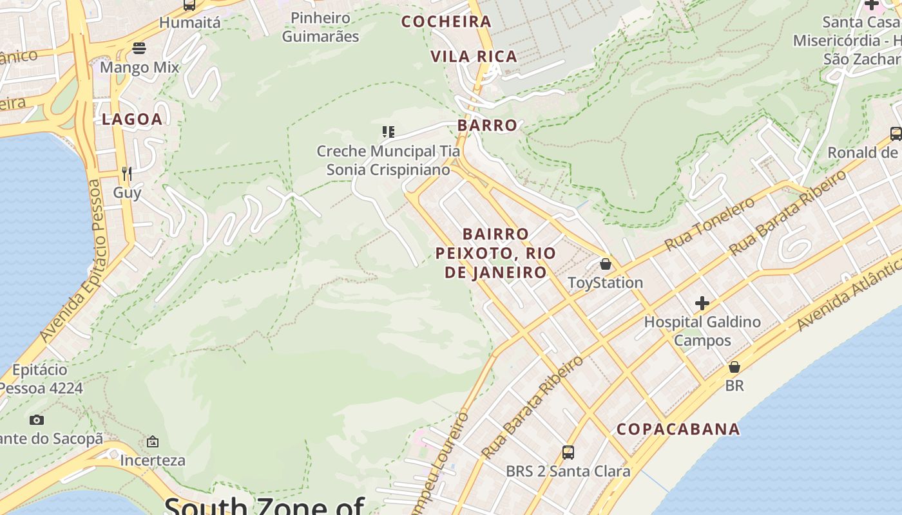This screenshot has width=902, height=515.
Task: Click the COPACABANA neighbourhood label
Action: (678, 429)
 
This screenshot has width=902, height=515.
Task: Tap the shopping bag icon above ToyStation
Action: (605, 264)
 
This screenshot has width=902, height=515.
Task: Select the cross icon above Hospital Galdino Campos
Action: (702, 303)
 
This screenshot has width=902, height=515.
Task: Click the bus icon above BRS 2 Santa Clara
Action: (568, 452)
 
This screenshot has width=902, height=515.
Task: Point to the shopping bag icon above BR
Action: (734, 367)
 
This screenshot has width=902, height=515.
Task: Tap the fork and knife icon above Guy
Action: (127, 173)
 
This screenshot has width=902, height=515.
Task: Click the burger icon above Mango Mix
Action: (139, 48)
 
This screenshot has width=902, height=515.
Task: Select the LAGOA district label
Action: (132, 119)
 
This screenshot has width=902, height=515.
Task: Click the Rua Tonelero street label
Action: (709, 224)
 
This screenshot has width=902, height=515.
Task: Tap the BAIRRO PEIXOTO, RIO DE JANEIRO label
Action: (495, 253)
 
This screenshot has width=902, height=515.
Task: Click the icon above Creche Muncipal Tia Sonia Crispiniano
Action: (388, 132)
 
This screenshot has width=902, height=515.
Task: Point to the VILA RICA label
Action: (474, 57)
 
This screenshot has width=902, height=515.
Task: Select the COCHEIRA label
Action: (446, 22)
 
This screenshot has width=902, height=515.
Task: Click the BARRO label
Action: (487, 126)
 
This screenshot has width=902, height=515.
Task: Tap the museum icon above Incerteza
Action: (153, 442)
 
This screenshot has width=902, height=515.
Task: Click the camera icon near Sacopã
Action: (37, 420)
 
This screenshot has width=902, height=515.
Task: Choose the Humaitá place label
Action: (189, 23)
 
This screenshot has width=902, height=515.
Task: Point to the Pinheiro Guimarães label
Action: (320, 27)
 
